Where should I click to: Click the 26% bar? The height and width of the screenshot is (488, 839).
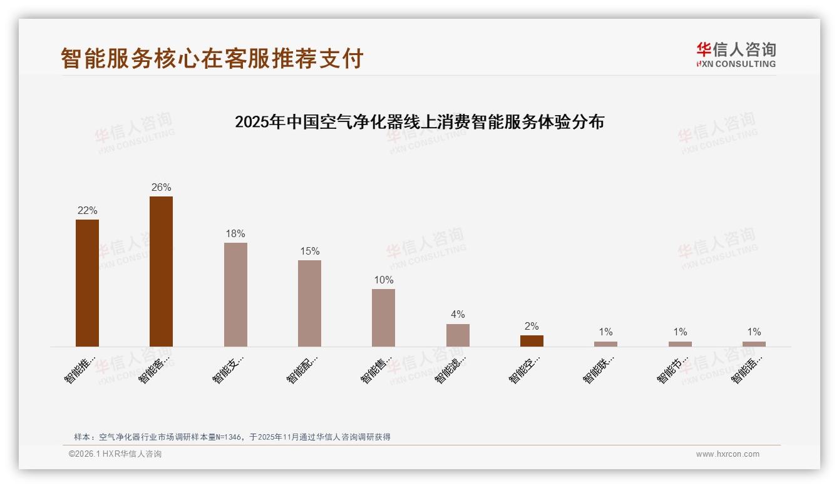coord(161,272)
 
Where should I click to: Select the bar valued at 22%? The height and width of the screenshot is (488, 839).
coord(87,283)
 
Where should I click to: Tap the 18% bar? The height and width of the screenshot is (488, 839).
coord(235,295)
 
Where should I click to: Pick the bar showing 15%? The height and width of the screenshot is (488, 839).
coord(309,303)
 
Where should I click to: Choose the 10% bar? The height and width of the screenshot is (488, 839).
coord(383,318)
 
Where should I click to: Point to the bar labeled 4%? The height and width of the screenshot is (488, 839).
coord(458,335)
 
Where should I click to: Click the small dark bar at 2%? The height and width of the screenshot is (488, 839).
coord(532,341)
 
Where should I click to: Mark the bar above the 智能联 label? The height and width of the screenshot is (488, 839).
coord(605,344)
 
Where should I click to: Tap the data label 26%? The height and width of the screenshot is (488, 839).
coord(161,188)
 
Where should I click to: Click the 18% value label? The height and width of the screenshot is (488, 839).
coord(235,234)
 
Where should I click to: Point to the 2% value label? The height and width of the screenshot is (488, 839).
coord(532,327)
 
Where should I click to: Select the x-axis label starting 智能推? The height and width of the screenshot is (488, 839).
coord(80,370)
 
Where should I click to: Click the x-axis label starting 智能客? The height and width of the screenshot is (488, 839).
coord(154,370)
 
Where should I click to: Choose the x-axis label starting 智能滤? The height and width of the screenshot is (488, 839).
coord(450,370)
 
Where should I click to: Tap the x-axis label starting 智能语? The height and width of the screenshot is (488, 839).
coord(747,370)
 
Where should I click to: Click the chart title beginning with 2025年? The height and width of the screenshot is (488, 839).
coord(419,122)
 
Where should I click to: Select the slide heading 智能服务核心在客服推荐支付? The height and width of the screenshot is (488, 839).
coord(212,58)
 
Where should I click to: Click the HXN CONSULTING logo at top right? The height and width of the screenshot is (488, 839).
coord(736,55)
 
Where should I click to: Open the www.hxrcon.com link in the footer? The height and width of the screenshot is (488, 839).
coord(728,454)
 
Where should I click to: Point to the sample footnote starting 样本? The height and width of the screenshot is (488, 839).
coord(232,437)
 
